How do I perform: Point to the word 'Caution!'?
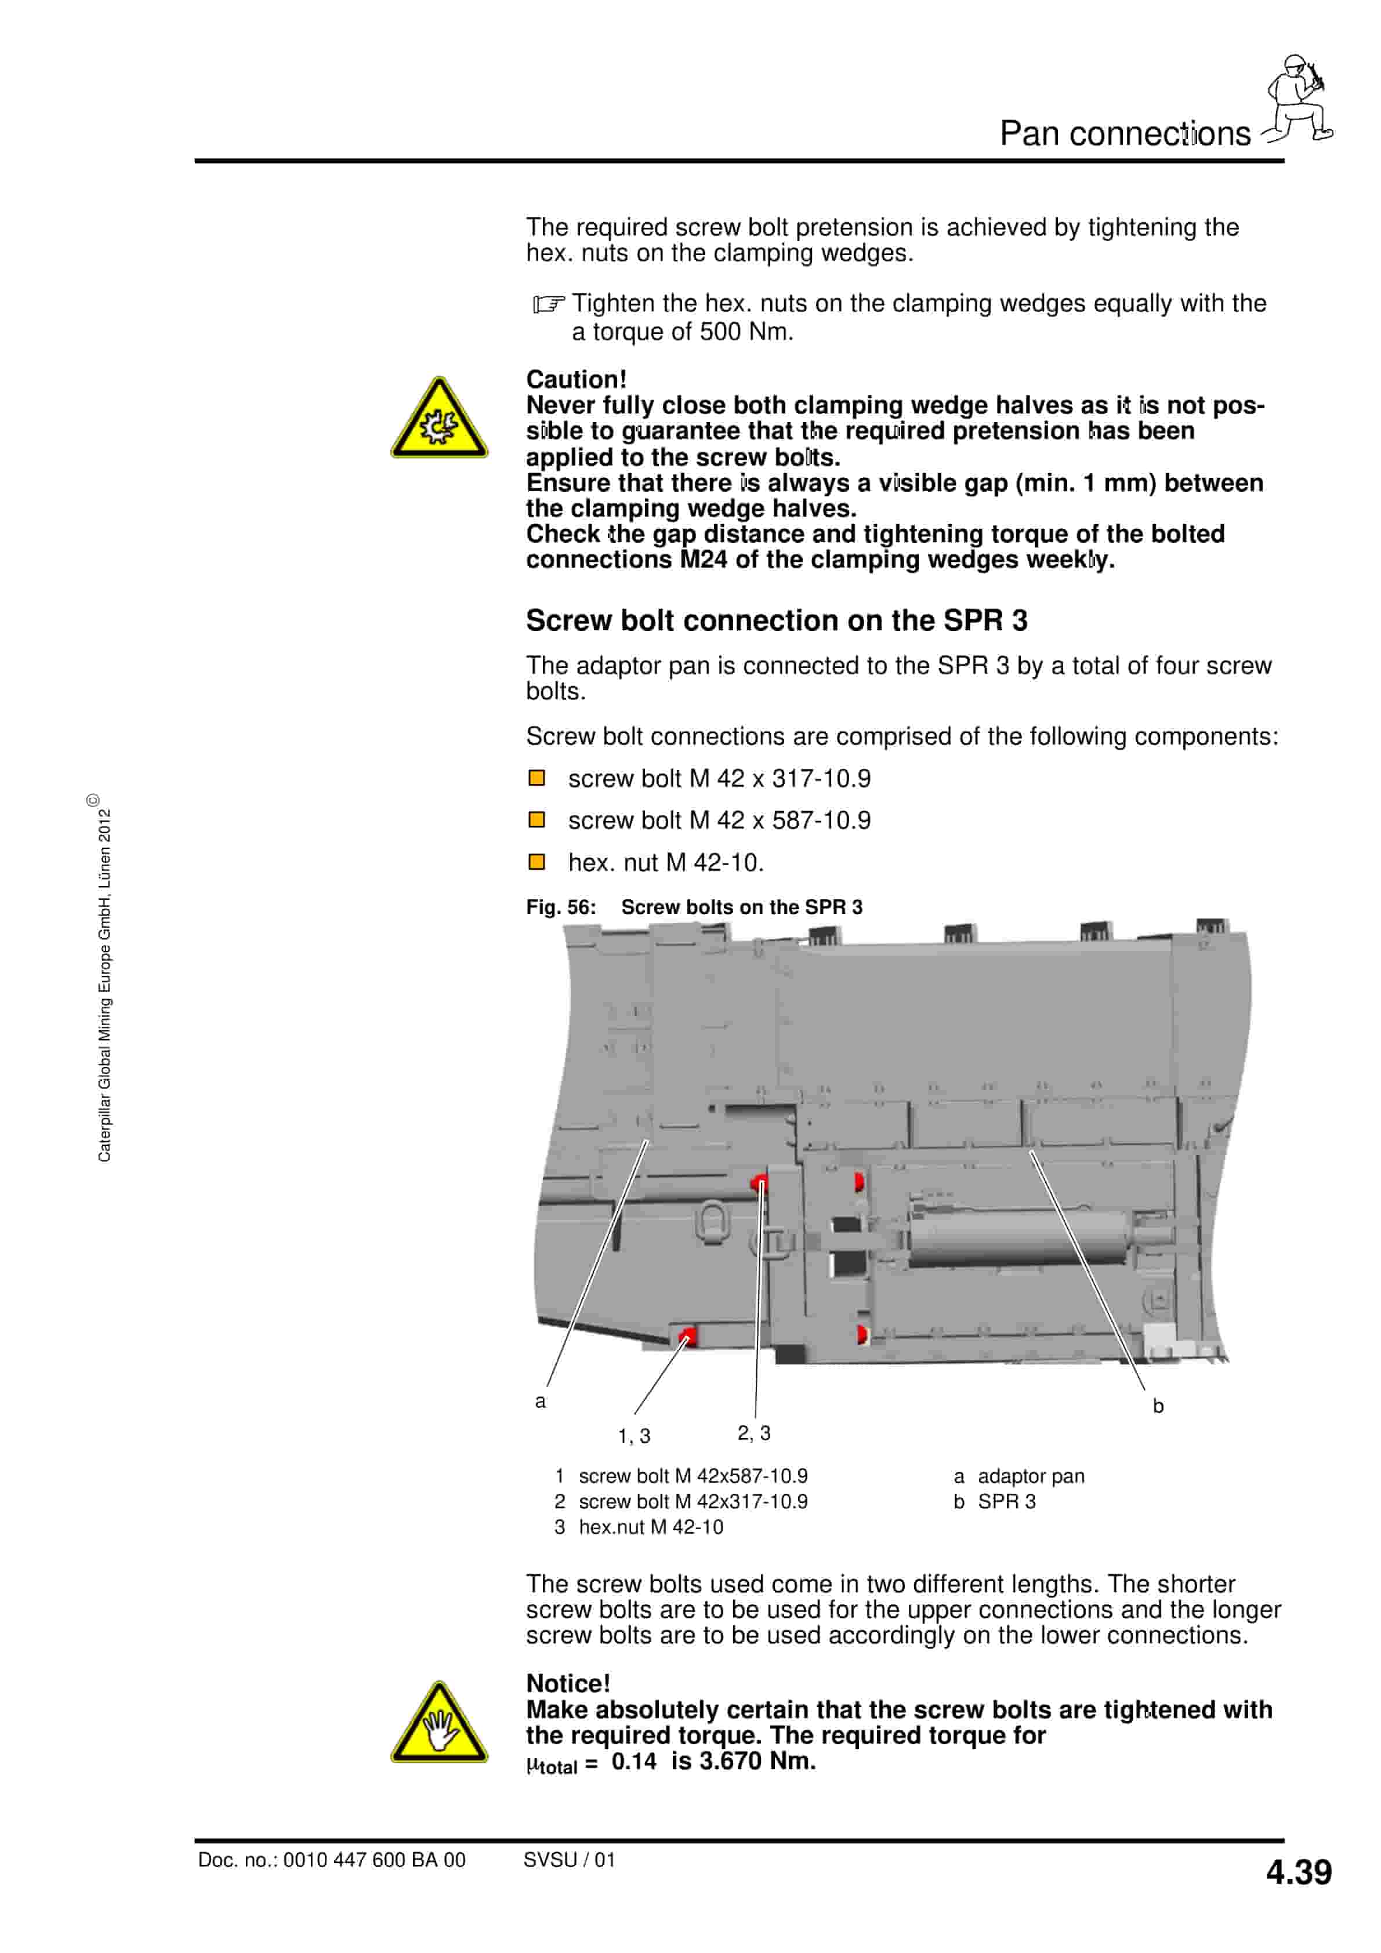coord(576,379)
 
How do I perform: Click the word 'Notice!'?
coord(568,1684)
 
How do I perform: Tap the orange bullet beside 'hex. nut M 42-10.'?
coord(537,862)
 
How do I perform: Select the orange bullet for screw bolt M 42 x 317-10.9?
coord(537,778)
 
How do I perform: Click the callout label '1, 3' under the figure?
coord(634,1436)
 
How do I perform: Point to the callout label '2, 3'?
coord(754,1433)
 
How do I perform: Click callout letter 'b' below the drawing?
coord(1158,1407)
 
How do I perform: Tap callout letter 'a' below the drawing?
coord(541,1401)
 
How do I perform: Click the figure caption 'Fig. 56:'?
coord(561,907)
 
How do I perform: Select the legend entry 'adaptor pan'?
coord(1031,1476)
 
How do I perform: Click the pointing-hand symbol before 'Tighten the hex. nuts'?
coord(548,304)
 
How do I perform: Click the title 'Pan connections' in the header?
coord(1125,133)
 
